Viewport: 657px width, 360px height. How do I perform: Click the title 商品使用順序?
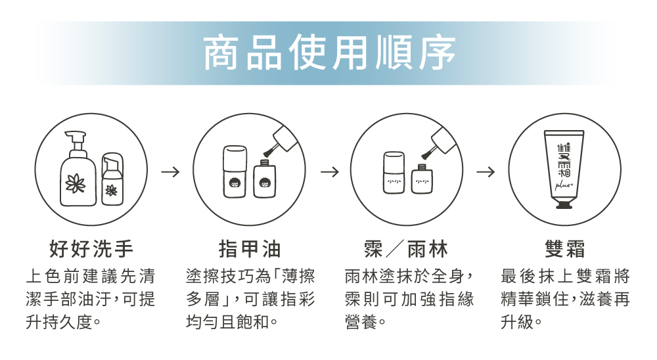click(328, 54)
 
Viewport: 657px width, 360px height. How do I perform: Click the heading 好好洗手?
click(91, 249)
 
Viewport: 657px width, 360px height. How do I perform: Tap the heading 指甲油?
click(250, 249)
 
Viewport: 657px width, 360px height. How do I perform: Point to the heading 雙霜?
click(565, 249)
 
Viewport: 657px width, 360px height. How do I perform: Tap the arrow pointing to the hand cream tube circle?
click(486, 172)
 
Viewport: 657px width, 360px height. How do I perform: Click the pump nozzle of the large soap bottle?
click(76, 137)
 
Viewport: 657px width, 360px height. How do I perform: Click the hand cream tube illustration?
click(564, 168)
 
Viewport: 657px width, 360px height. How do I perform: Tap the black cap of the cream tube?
click(564, 204)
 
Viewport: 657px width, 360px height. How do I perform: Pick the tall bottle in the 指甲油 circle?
click(234, 171)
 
